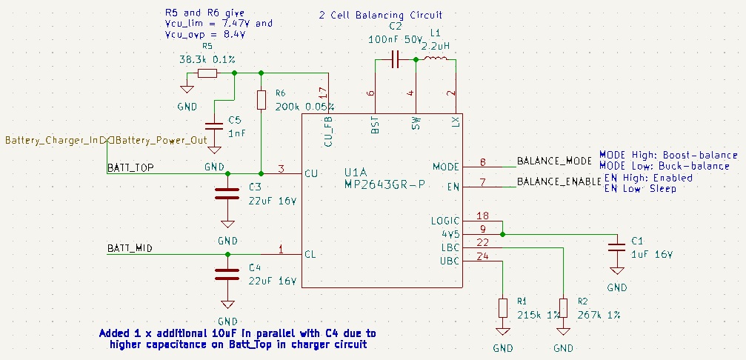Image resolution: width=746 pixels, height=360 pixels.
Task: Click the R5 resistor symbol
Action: pos(207,73)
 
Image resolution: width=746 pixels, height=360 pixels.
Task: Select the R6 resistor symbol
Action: pos(261,100)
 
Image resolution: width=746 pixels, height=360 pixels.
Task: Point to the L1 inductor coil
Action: pos(435,59)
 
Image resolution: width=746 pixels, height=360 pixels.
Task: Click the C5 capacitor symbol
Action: pos(214,127)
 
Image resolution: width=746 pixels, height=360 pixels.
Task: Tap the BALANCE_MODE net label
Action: pos(553,161)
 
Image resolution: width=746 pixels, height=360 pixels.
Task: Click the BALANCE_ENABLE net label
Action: pos(558,181)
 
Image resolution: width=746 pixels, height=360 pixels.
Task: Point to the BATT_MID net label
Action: pos(130,248)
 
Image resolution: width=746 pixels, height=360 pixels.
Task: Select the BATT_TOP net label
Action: pos(130,167)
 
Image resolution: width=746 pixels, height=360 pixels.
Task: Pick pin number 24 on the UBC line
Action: pos(482,257)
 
